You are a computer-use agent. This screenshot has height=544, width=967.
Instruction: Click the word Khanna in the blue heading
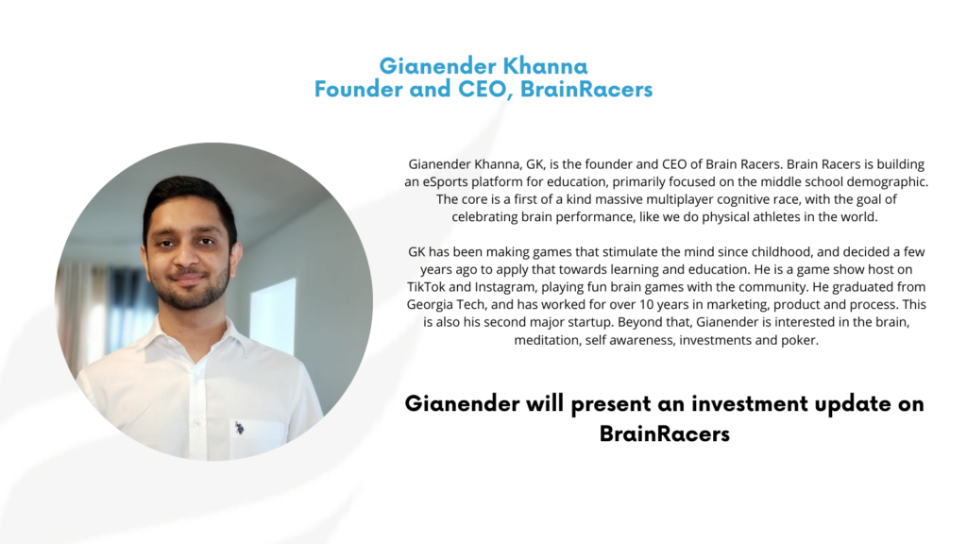point(545,66)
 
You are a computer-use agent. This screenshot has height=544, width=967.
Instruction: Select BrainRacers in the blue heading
point(586,89)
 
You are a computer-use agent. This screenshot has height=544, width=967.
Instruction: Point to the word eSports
point(444,182)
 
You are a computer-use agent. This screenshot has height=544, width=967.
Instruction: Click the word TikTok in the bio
point(426,287)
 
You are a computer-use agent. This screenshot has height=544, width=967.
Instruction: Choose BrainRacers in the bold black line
point(664,433)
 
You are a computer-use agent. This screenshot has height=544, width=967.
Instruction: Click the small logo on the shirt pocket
point(239,427)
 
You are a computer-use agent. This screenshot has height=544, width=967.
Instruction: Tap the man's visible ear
point(235,258)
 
